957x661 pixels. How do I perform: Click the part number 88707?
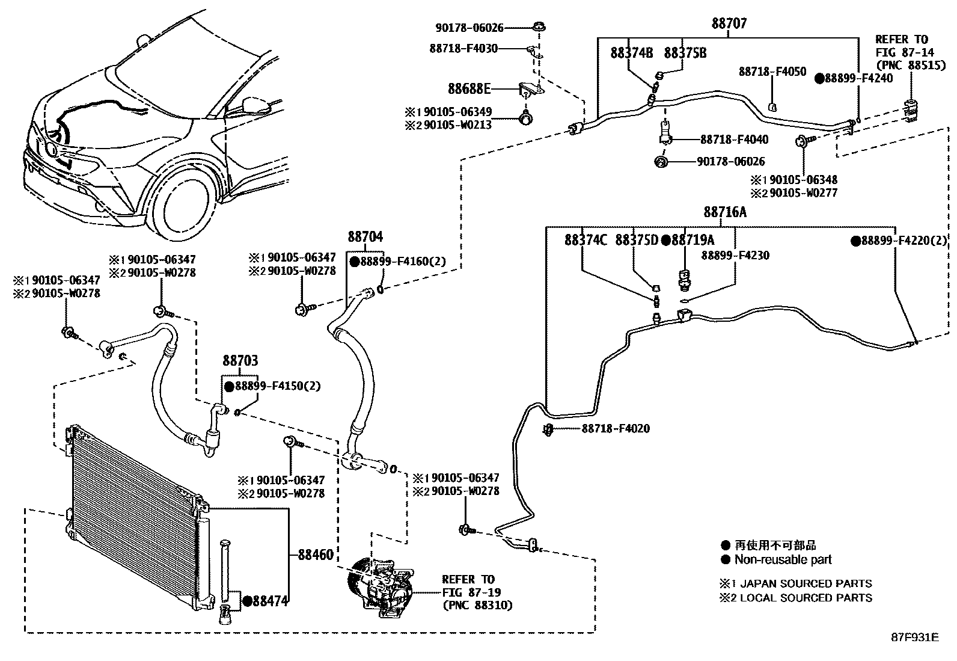click(729, 24)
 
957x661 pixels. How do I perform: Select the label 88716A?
click(725, 212)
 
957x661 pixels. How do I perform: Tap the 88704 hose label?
click(365, 236)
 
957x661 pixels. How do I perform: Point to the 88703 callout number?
click(240, 361)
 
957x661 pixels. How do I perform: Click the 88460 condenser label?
click(316, 555)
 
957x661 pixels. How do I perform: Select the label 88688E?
click(469, 89)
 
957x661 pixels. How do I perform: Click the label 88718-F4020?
click(616, 429)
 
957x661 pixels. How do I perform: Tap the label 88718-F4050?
click(772, 72)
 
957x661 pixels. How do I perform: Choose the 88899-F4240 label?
click(858, 78)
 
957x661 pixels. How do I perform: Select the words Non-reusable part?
click(783, 559)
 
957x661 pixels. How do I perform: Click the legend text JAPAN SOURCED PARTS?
click(806, 583)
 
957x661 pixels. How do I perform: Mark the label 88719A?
click(693, 240)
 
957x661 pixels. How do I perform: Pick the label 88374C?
click(586, 240)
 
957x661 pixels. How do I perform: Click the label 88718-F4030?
click(463, 48)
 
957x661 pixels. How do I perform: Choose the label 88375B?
click(685, 53)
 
